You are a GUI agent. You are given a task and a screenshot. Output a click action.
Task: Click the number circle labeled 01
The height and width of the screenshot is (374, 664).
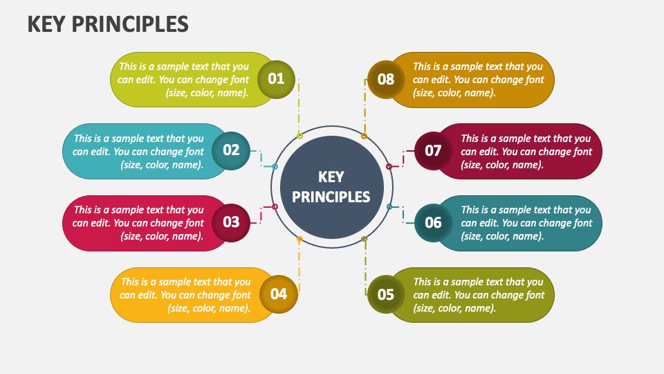point(276,79)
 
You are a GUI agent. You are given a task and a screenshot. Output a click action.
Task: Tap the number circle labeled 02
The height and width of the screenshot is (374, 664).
point(231,150)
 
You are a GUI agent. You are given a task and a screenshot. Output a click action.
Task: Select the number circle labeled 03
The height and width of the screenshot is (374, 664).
point(231,222)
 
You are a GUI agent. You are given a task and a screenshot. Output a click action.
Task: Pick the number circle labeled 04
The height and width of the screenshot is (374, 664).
point(278,294)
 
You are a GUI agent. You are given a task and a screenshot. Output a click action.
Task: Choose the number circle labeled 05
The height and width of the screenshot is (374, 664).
point(386,294)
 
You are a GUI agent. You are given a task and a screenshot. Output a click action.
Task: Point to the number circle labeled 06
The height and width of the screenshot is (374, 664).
point(433,223)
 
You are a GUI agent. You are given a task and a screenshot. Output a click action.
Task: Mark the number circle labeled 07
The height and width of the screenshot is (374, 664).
point(433,151)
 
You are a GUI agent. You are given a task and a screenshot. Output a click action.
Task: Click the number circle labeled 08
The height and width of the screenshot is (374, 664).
point(386,79)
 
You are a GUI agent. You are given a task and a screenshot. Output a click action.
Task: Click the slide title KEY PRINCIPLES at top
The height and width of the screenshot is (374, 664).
point(108,24)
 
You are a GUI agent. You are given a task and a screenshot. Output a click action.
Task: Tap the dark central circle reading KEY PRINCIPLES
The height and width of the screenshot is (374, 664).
point(331,187)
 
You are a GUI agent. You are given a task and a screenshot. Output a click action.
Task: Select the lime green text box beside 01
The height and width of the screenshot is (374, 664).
point(183,80)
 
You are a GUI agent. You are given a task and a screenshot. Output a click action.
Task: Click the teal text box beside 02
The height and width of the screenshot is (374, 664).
point(138,151)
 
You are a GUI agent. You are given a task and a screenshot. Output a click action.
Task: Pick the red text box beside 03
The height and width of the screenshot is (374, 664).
point(138,223)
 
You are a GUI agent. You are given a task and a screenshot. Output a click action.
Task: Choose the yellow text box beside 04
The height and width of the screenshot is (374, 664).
point(185,294)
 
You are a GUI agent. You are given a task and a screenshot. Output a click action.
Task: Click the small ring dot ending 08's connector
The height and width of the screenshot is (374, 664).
point(365,136)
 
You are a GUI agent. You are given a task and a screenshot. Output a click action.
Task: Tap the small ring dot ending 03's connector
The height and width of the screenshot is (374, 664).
point(275,207)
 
